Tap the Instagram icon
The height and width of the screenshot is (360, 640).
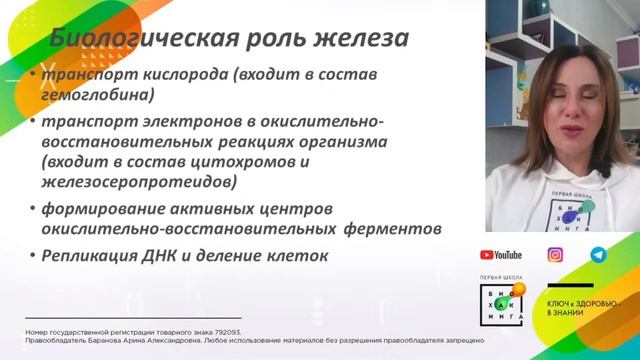pos(555,255)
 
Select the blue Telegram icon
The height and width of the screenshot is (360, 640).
pos(598,255)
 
